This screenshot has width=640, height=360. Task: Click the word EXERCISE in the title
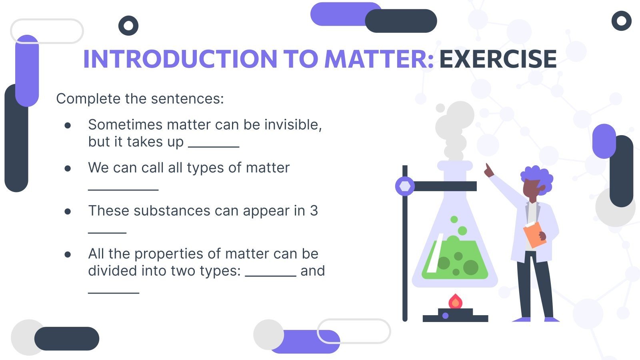[498, 59]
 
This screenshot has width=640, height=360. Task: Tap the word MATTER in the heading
[378, 59]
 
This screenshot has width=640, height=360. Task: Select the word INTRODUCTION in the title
[180, 59]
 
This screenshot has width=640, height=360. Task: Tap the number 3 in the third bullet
[314, 211]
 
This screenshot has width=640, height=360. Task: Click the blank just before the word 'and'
[270, 275]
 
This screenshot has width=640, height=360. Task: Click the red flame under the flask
[455, 302]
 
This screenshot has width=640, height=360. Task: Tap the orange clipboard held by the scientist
[534, 234]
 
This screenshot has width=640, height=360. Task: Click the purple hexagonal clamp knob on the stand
[405, 186]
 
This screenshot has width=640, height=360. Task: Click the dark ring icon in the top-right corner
[621, 21]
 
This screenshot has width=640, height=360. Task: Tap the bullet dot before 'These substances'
[68, 211]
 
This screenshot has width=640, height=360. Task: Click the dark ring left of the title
[128, 26]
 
